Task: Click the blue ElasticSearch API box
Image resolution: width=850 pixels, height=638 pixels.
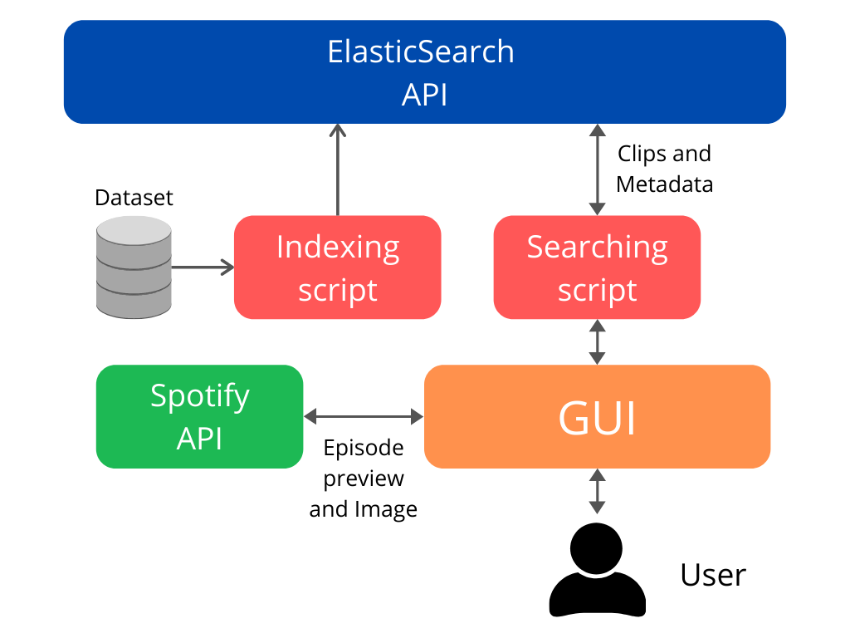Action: [x=424, y=72]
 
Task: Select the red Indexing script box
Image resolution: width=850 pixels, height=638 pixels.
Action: [x=337, y=267]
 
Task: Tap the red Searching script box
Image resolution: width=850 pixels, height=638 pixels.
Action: [x=597, y=267]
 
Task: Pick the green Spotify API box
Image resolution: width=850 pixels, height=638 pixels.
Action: [x=199, y=416]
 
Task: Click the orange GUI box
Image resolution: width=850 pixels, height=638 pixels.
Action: [x=597, y=416]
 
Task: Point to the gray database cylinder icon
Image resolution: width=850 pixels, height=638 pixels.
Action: [x=134, y=267]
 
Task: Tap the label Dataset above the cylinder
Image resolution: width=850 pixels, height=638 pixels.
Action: [x=134, y=198]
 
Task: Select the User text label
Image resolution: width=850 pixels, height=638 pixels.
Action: [x=712, y=575]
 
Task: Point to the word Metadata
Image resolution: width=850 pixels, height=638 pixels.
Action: [x=664, y=184]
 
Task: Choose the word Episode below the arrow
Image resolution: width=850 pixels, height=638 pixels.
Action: [x=364, y=449]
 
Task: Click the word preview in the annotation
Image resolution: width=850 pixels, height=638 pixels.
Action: [x=364, y=478]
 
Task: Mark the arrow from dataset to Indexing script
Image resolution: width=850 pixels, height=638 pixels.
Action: [x=203, y=267]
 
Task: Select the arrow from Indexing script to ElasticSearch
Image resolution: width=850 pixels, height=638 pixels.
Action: [x=337, y=169]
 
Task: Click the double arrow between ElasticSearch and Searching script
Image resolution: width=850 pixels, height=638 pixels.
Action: [x=597, y=169]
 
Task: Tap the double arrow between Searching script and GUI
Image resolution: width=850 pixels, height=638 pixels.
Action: [x=597, y=341]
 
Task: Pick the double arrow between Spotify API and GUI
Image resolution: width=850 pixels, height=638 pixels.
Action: [x=364, y=416]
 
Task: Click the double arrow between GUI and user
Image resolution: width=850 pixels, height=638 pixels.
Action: [x=597, y=491]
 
